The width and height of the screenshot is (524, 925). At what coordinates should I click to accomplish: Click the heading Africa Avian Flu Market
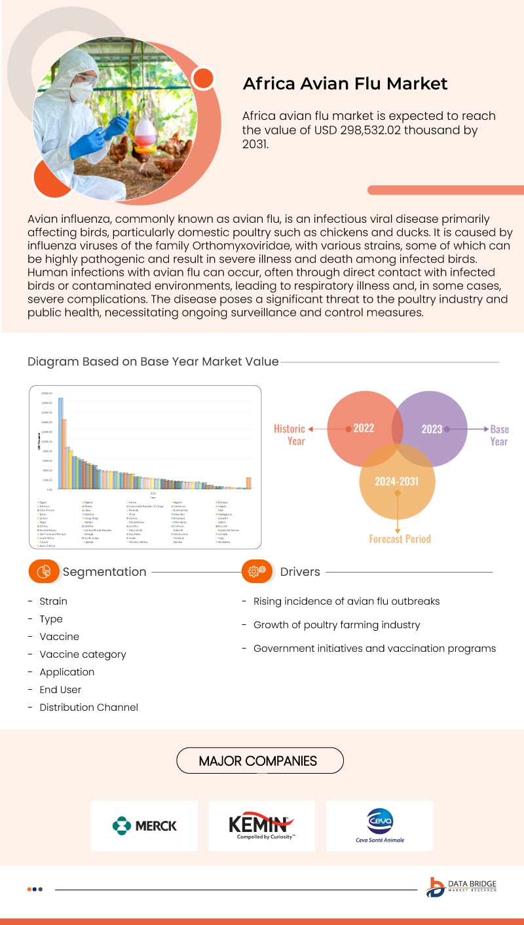345,84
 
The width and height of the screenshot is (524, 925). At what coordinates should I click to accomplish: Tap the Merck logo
144,825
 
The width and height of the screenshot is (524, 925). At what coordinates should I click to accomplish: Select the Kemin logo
261,825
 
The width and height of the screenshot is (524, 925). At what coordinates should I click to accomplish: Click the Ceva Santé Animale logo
379,825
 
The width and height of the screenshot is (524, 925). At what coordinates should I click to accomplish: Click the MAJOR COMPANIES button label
259,761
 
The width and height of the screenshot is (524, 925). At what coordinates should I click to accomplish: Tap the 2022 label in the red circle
364,428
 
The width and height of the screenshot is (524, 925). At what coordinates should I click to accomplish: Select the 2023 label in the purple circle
432,429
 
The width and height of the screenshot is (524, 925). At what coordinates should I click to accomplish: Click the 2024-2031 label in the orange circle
396,481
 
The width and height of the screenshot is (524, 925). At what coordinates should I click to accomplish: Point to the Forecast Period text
400,539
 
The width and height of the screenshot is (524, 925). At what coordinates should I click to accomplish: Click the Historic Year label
290,435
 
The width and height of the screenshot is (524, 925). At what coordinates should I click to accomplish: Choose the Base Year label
499,435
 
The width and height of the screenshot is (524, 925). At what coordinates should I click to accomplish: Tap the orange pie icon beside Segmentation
45,572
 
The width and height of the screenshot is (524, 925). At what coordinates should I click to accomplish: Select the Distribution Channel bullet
88,708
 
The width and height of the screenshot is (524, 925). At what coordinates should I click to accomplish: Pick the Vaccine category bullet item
83,654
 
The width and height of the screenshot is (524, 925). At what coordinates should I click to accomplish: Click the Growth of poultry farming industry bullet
337,625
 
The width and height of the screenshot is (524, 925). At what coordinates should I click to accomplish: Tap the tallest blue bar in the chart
61,443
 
